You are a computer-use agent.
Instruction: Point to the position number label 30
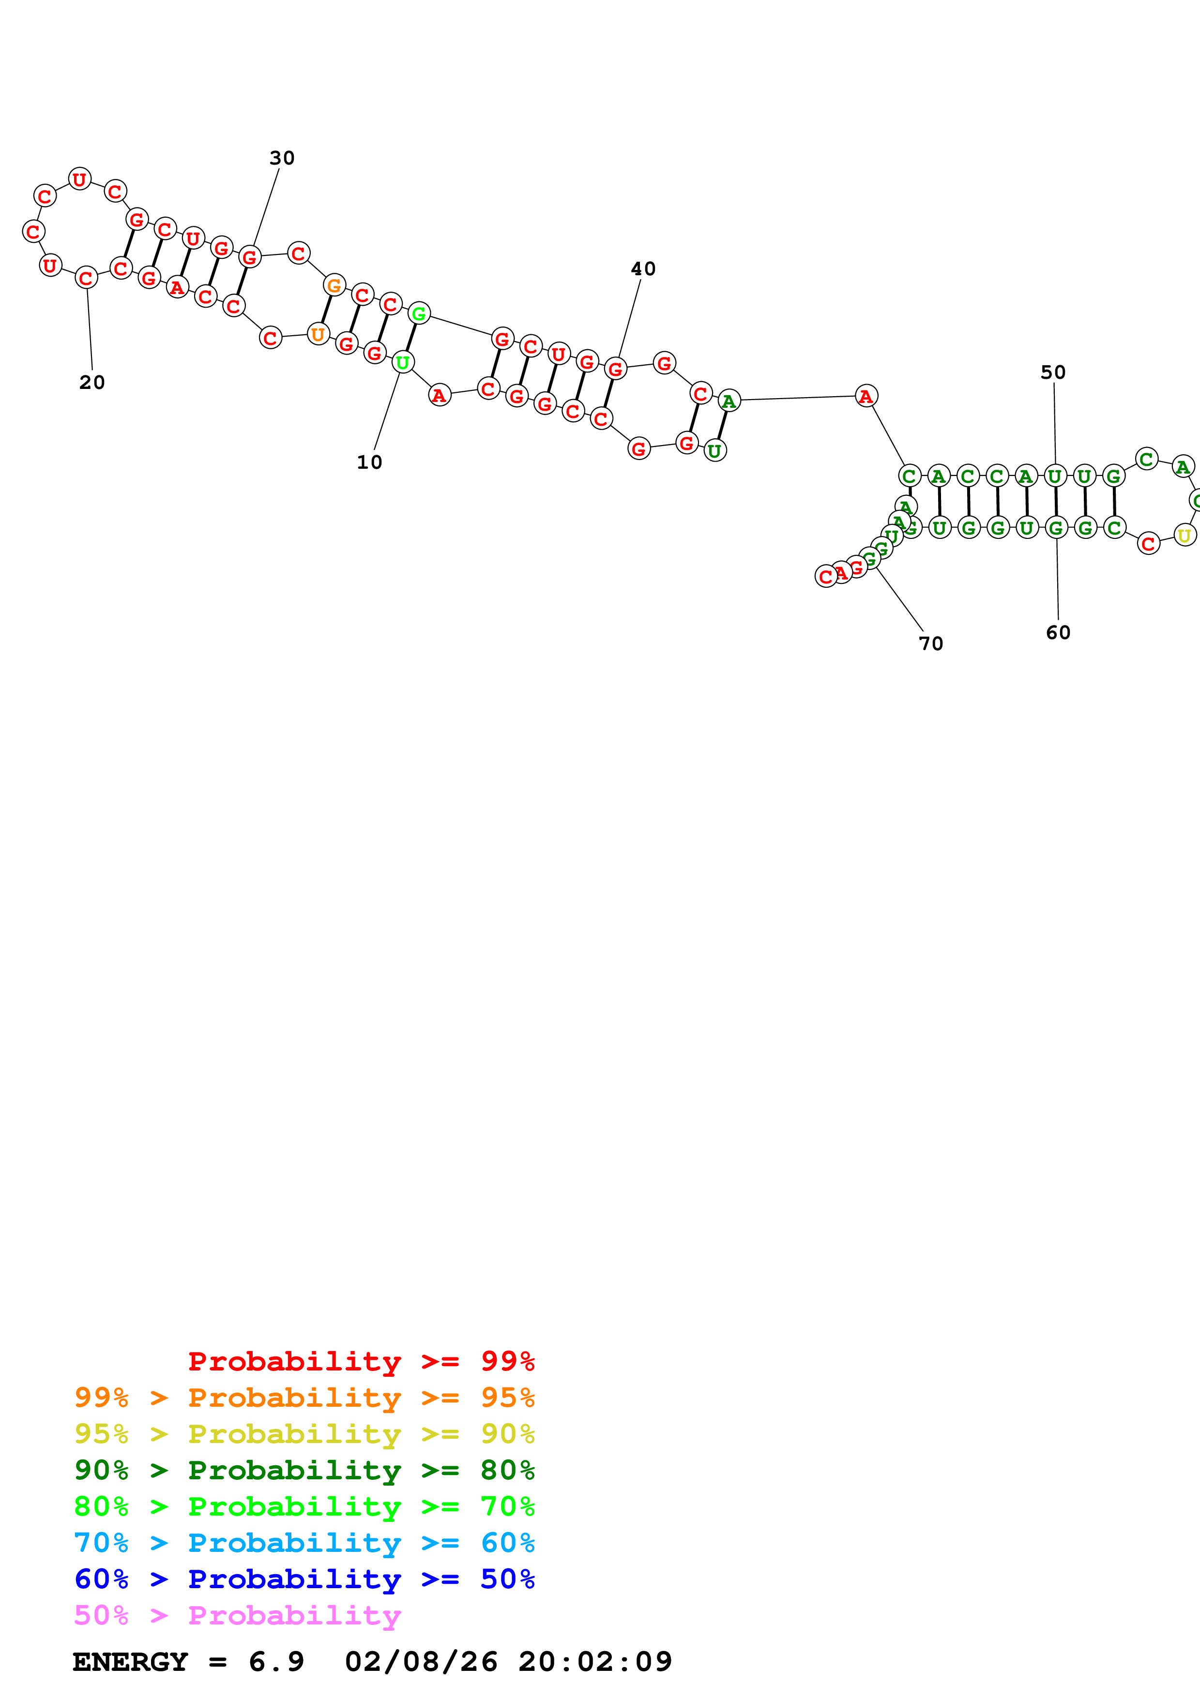click(x=282, y=158)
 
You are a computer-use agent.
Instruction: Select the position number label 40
click(x=642, y=269)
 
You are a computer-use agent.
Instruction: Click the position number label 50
click(x=1053, y=372)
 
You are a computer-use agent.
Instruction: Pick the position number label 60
click(x=1058, y=633)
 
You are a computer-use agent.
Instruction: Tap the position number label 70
click(x=931, y=644)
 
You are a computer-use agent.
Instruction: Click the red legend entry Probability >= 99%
click(x=361, y=1361)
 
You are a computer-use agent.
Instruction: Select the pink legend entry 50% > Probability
click(x=237, y=1615)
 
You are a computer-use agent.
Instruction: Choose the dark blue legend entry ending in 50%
click(x=304, y=1579)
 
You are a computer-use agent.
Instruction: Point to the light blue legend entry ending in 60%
click(x=304, y=1543)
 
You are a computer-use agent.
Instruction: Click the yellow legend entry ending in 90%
click(x=304, y=1434)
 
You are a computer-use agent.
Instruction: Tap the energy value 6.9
click(x=276, y=1662)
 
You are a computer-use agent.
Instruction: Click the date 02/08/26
click(x=421, y=1662)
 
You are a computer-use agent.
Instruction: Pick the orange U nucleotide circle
click(x=318, y=334)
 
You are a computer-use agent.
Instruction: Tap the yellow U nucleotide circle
click(x=1184, y=535)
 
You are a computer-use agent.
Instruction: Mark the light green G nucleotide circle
click(x=419, y=313)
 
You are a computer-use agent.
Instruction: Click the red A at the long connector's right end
click(x=866, y=396)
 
